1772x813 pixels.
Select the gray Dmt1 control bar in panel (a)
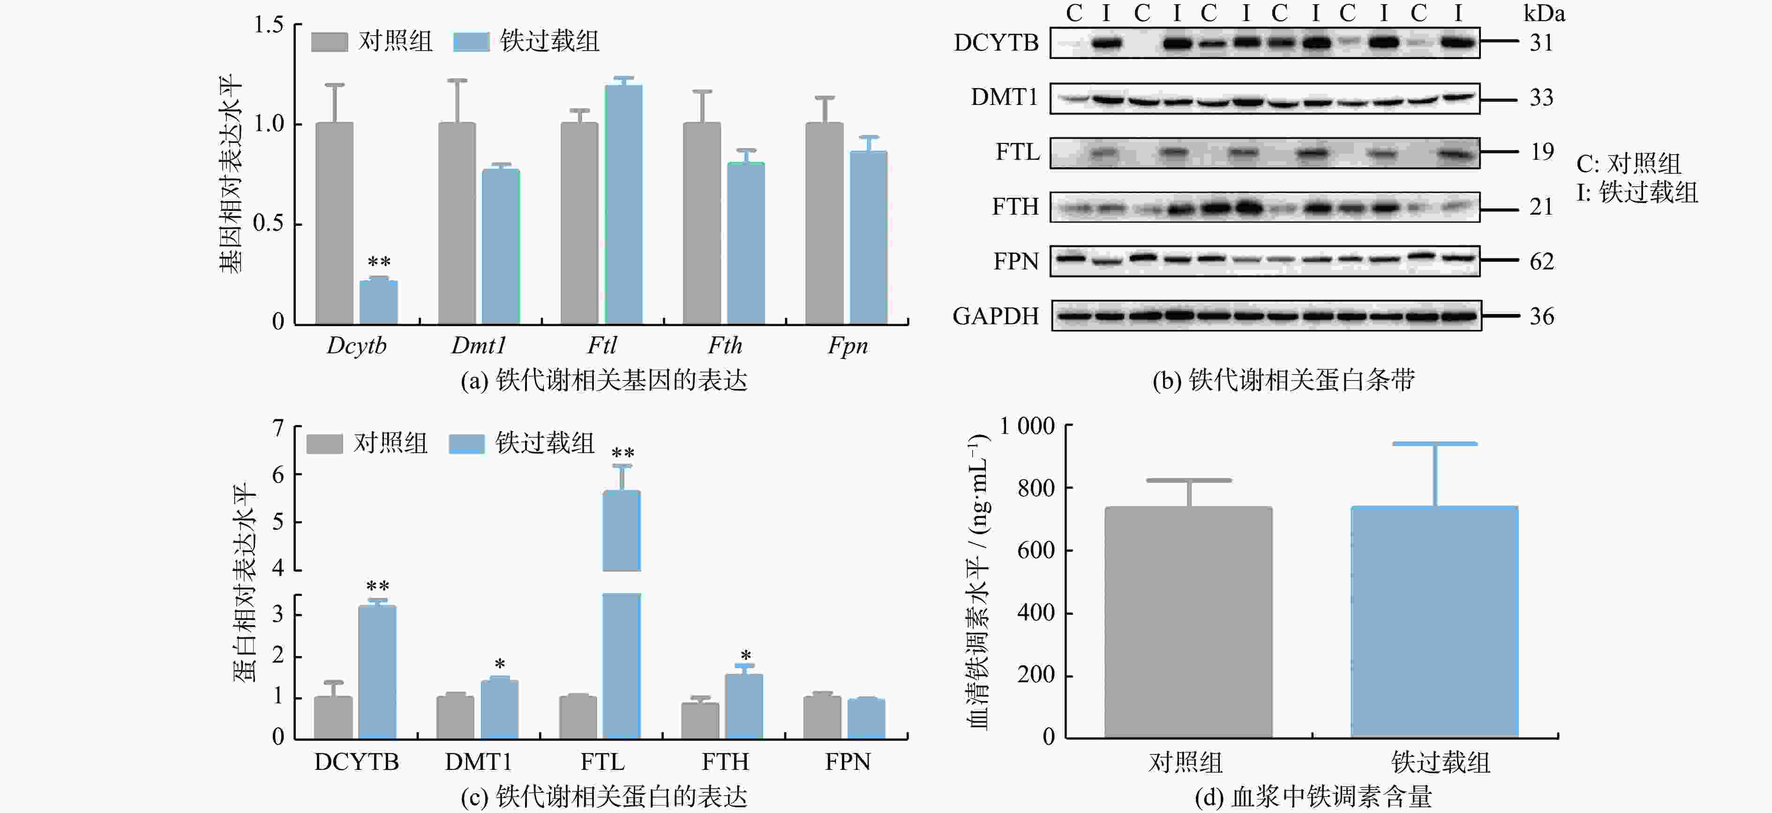tap(457, 223)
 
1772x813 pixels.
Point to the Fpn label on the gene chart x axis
tap(848, 345)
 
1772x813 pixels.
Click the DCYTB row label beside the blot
tap(995, 43)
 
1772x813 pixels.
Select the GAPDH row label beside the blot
tap(995, 316)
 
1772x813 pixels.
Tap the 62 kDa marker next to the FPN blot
tap(1541, 261)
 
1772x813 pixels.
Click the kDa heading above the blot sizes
tap(1544, 14)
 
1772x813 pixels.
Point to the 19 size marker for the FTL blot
tap(1541, 151)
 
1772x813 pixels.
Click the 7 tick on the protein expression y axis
tap(278, 428)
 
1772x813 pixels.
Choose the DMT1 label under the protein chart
tap(478, 762)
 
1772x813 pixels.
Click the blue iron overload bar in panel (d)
tap(1434, 622)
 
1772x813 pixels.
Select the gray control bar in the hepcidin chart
tap(1188, 622)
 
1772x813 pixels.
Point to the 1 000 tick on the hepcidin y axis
tap(1027, 426)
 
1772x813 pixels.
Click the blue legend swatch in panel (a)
tap(471, 41)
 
